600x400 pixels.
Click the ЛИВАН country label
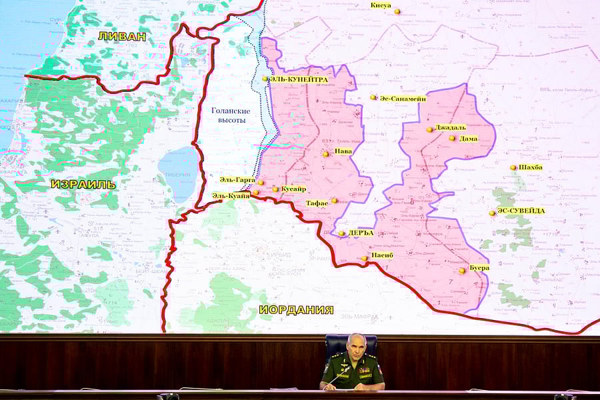point(121,36)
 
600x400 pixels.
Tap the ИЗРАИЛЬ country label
point(83,184)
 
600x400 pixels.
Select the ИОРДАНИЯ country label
point(296,309)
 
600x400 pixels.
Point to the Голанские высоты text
point(231,115)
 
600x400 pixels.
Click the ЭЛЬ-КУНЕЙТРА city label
point(299,79)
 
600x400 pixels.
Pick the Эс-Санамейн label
point(403,98)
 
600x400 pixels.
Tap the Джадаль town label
point(451,127)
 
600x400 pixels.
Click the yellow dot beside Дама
point(452,139)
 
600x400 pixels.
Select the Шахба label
point(531,167)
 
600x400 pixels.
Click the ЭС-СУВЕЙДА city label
point(521,211)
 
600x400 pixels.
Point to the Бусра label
point(479,268)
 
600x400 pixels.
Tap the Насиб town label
point(382,256)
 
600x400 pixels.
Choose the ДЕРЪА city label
point(361,233)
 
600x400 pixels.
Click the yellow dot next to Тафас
point(335,200)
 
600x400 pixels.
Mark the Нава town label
point(343,152)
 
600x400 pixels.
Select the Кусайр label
point(293,189)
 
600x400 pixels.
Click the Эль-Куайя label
point(231,196)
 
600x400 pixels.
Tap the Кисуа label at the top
point(381,5)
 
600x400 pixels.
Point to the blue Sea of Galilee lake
point(178,175)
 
